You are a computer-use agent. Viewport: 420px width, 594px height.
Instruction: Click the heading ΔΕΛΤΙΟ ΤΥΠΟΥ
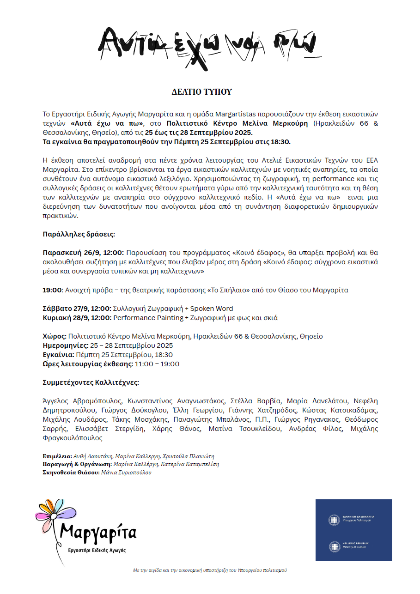pyautogui.click(x=201, y=92)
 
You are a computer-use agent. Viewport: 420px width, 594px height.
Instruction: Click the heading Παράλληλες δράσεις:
pyautogui.click(x=79, y=234)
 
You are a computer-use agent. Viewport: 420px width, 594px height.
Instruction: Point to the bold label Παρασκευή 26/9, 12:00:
pyautogui.click(x=83, y=253)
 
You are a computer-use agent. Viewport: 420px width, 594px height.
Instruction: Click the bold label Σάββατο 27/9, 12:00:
pyautogui.click(x=77, y=309)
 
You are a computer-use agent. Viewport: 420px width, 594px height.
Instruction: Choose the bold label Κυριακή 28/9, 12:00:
pyautogui.click(x=77, y=318)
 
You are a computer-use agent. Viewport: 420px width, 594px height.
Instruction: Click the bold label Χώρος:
pyautogui.click(x=55, y=336)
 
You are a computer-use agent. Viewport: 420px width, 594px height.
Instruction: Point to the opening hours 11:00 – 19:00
pyautogui.click(x=157, y=364)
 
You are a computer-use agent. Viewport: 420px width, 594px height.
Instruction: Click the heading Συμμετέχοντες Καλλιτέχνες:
pyautogui.click(x=91, y=382)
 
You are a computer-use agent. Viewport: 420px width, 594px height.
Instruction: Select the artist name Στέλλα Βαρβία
pyautogui.click(x=255, y=401)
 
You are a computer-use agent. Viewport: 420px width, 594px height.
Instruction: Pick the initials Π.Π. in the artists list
pyautogui.click(x=262, y=419)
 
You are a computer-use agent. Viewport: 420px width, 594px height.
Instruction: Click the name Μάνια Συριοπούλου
pyautogui.click(x=126, y=473)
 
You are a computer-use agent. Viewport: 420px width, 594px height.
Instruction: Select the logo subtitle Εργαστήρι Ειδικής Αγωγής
pyautogui.click(x=97, y=550)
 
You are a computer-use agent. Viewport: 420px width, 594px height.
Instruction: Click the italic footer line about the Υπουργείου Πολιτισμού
pyautogui.click(x=210, y=570)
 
